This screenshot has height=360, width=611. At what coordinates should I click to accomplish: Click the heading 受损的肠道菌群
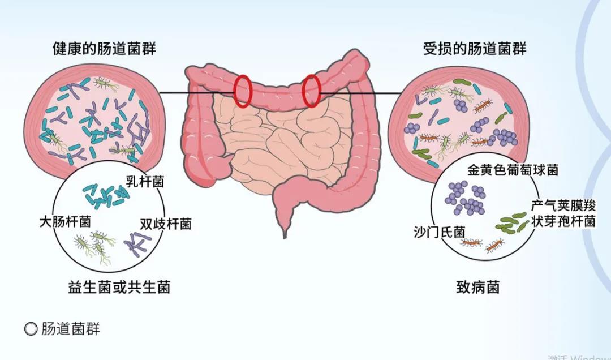pyautogui.click(x=475, y=49)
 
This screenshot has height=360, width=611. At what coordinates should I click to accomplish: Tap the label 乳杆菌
pyautogui.click(x=145, y=182)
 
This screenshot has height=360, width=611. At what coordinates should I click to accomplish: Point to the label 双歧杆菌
pyautogui.click(x=165, y=224)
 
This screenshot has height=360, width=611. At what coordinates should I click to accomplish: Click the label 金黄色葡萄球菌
pyautogui.click(x=513, y=169)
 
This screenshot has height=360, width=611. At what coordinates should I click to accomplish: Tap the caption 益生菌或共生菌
pyautogui.click(x=119, y=287)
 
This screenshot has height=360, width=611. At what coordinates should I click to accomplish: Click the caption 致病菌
pyautogui.click(x=478, y=287)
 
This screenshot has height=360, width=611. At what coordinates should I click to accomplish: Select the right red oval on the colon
pyautogui.click(x=312, y=90)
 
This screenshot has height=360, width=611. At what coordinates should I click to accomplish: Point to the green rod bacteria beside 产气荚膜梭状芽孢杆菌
pyautogui.click(x=512, y=224)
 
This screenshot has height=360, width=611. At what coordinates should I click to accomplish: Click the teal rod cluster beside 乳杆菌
pyautogui.click(x=105, y=195)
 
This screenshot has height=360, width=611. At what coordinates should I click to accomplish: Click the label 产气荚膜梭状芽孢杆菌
pyautogui.click(x=563, y=213)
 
